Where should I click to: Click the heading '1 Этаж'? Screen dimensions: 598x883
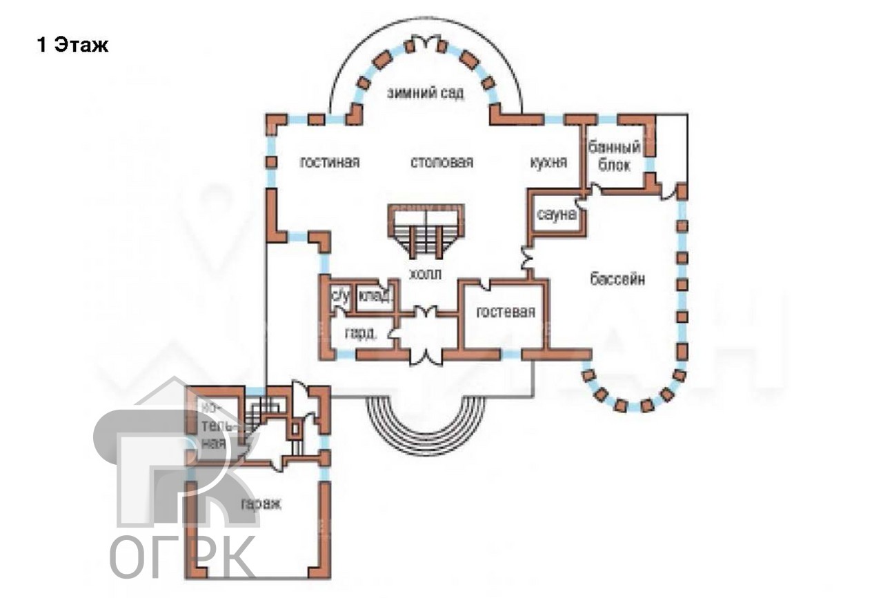(72, 46)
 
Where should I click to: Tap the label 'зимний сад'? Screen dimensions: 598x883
(425, 93)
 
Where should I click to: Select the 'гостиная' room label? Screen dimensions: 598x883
(330, 162)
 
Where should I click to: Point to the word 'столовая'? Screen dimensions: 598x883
(441, 162)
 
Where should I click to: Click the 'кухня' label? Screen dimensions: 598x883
(548, 162)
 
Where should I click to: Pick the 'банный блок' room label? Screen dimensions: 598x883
(614, 156)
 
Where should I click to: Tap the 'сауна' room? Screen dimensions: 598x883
(556, 215)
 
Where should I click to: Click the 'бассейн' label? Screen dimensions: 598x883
(618, 279)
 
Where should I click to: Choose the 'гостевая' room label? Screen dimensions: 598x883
(506, 312)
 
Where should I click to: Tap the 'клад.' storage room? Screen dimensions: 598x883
(376, 297)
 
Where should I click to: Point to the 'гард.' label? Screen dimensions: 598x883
(360, 334)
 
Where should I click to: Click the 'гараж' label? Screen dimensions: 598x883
(261, 504)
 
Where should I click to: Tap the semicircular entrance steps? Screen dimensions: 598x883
(424, 421)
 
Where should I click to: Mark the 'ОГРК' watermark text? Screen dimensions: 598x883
(183, 555)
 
